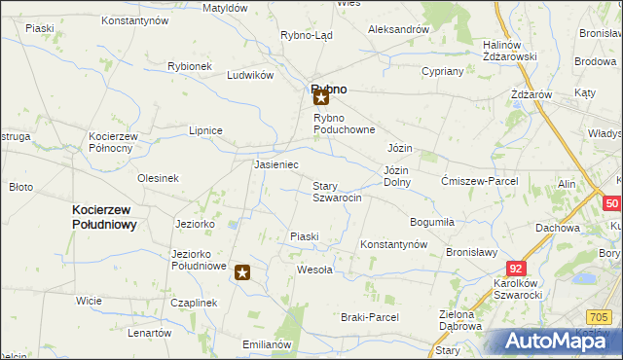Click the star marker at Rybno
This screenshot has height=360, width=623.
pyautogui.click(x=321, y=96)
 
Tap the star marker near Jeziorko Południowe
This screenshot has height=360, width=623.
pyautogui.click(x=242, y=273)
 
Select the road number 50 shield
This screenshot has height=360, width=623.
pyautogui.click(x=611, y=204)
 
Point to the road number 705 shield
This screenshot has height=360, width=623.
pyautogui.click(x=601, y=315)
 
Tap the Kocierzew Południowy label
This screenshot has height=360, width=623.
pyautogui.click(x=103, y=216)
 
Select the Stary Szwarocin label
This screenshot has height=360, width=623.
pyautogui.click(x=337, y=192)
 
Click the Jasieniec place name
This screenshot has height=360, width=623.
pyautogui.click(x=275, y=165)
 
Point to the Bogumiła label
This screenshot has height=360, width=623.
pyautogui.click(x=432, y=222)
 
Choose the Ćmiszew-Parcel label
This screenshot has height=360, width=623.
pyautogui.click(x=479, y=181)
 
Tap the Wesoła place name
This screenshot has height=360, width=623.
pyautogui.click(x=314, y=270)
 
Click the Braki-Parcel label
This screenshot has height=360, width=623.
pyautogui.click(x=370, y=317)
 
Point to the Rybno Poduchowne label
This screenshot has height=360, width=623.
pyautogui.click(x=344, y=124)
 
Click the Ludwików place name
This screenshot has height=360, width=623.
pyautogui.click(x=248, y=75)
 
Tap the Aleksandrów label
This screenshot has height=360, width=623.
pyautogui.click(x=398, y=29)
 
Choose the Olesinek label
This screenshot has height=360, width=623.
pyautogui.click(x=158, y=178)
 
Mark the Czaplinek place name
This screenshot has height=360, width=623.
pyautogui.click(x=193, y=303)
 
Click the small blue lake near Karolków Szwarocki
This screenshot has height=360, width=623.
pyautogui.click(x=584, y=279)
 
